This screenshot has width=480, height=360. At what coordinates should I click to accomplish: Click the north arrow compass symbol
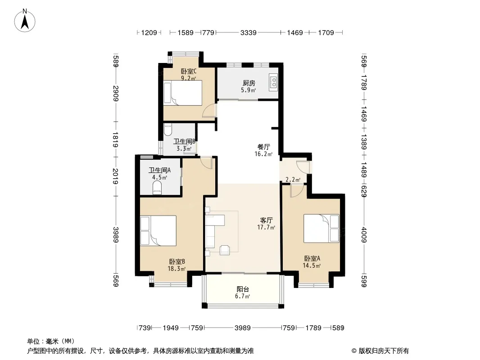pos(25,21)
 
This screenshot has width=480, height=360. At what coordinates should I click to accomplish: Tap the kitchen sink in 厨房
pos(273,82)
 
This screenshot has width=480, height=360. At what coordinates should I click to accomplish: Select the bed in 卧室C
pos(183,93)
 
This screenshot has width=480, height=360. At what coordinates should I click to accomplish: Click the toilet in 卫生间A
pos(157,188)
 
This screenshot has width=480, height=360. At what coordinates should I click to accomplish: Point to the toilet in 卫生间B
pos(168,130)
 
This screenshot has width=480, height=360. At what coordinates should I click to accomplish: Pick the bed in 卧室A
pos(322,229)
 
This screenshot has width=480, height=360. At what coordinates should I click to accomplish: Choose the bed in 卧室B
pos(158,230)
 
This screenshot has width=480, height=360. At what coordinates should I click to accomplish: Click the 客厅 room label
pos(266,220)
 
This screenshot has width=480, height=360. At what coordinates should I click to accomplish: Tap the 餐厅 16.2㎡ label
pos(263,150)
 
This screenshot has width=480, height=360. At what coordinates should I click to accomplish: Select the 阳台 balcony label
pos(243,289)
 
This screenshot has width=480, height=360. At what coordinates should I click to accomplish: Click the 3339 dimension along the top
pos(248,32)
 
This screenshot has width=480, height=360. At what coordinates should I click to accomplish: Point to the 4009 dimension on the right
pos(364,234)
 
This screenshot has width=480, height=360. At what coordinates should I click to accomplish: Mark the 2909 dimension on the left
pos(115,93)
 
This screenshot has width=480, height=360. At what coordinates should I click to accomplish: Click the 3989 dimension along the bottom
pos(242,328)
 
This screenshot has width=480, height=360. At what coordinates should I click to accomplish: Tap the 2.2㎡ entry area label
pos(293,180)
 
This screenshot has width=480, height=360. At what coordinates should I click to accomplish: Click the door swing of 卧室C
pos(209,110)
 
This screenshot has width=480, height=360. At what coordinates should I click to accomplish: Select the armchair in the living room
pos(224,250)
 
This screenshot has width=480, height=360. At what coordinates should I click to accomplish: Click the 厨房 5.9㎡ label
pos(249,86)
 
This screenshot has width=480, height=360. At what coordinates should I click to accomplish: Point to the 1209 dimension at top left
pos(149,32)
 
